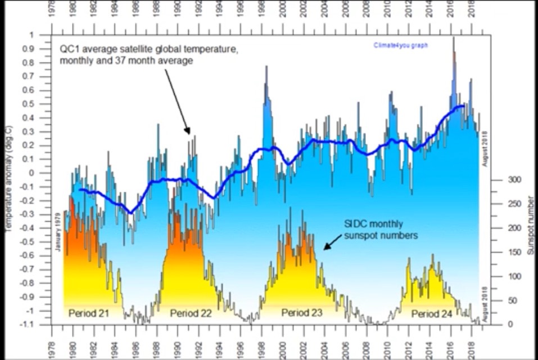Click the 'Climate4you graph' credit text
click(x=401, y=45)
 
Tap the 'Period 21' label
click(x=88, y=313)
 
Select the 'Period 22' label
click(x=191, y=313)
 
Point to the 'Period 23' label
click(x=302, y=313)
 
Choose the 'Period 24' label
click(x=432, y=313)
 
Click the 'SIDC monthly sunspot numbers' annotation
click(x=381, y=229)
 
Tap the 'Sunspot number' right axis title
click(x=530, y=226)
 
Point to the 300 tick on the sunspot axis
click(x=500, y=180)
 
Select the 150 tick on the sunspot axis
click(x=500, y=252)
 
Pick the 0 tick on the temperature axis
click(x=46, y=173)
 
